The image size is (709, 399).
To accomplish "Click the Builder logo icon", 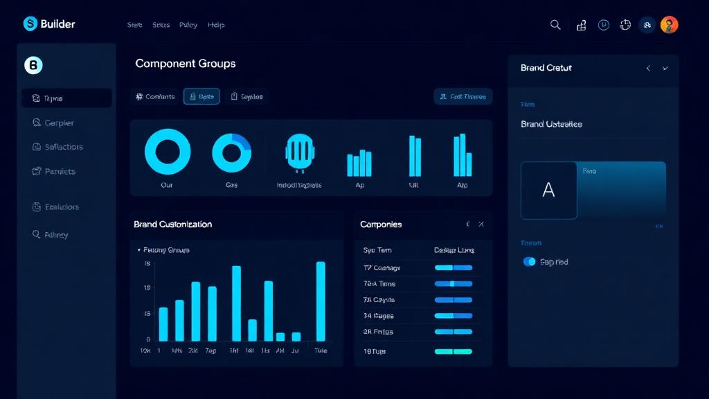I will click(30, 24).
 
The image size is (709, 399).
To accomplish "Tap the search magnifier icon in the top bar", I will click(555, 25).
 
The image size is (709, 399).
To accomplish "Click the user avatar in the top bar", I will click(669, 25).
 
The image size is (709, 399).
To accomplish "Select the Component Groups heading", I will click(185, 64).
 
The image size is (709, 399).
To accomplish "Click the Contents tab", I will click(155, 97).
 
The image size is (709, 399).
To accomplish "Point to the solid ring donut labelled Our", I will click(167, 151).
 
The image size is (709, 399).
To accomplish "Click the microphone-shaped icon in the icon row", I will click(300, 152).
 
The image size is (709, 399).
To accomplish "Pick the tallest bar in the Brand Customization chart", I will click(321, 301).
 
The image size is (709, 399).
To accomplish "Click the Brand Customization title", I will click(172, 224).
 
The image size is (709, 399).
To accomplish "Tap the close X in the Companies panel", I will click(481, 224).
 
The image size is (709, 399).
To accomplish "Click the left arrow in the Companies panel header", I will click(467, 224).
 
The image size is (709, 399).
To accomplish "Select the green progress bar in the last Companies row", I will click(453, 351).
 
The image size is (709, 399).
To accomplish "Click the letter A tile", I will click(548, 190).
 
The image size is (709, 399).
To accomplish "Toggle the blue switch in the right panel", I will click(530, 262).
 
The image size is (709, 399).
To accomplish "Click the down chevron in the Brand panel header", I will click(665, 69).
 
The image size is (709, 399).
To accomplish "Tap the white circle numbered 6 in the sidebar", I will click(33, 66).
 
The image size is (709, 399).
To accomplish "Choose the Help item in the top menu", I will click(216, 25).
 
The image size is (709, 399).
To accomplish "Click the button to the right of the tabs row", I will click(463, 97).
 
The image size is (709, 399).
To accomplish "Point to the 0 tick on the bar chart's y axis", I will click(147, 339).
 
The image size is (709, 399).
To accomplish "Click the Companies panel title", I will click(381, 224).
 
